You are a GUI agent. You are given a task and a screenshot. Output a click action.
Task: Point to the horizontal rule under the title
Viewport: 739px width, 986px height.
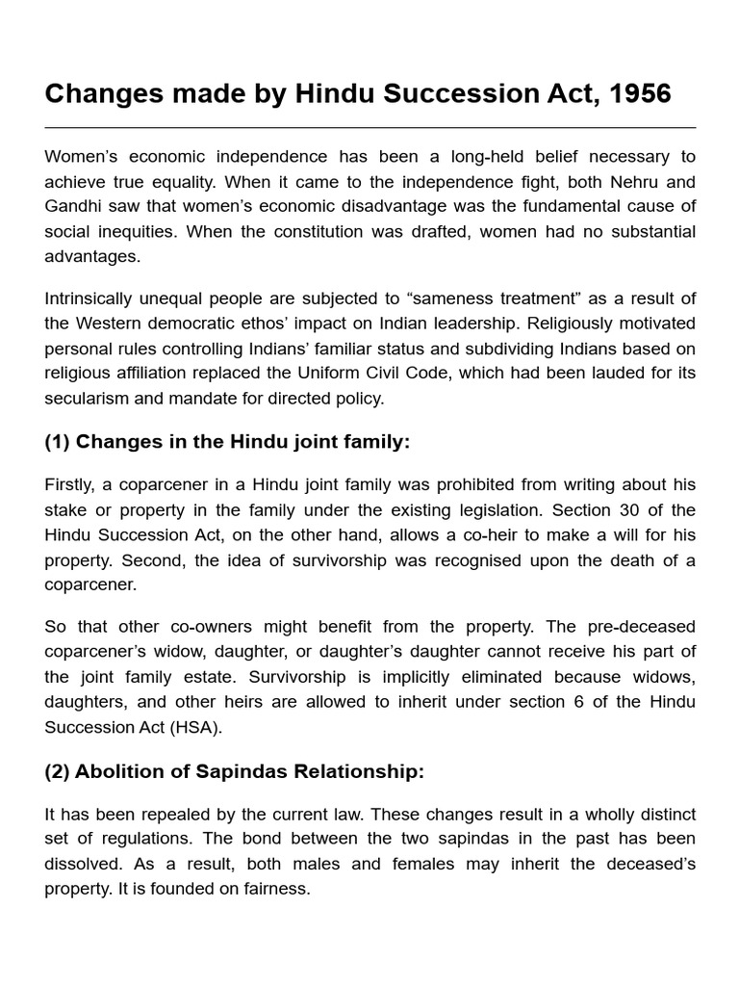369,127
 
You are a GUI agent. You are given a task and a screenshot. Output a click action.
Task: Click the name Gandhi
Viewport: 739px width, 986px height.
78,206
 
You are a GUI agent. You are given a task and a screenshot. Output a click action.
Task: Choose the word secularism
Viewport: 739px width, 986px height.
91,398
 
